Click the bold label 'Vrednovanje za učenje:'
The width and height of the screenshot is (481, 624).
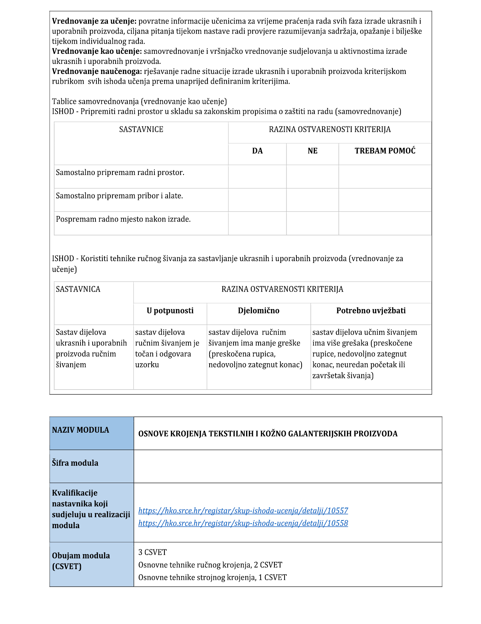tap(94, 21)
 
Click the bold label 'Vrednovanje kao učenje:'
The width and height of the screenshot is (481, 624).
tap(97, 51)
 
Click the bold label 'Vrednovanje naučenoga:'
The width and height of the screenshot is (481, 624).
tap(97, 72)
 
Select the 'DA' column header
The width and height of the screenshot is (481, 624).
tap(257, 151)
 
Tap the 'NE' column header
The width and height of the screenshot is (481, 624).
tap(312, 151)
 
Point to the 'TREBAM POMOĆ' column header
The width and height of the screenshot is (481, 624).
tap(385, 151)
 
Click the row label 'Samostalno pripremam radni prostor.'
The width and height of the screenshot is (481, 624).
tap(120, 173)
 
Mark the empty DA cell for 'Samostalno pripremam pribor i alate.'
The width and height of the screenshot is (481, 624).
tap(257, 200)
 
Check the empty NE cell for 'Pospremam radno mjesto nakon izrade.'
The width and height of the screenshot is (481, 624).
tap(312, 223)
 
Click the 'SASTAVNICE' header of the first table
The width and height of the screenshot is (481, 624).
tap(141, 130)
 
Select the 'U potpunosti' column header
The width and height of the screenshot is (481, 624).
tap(170, 311)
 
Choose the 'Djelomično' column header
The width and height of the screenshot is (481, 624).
tap(259, 311)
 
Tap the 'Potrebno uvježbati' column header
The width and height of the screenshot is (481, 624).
tap(371, 311)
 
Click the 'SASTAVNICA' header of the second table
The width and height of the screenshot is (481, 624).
tap(78, 289)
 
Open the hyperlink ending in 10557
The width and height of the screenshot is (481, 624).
tap(243, 511)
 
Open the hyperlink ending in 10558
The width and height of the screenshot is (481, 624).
tap(243, 523)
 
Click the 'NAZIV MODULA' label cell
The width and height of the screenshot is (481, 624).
tap(81, 430)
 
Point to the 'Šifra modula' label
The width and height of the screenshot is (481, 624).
tap(75, 463)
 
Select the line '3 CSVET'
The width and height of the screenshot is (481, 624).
tap(152, 552)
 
